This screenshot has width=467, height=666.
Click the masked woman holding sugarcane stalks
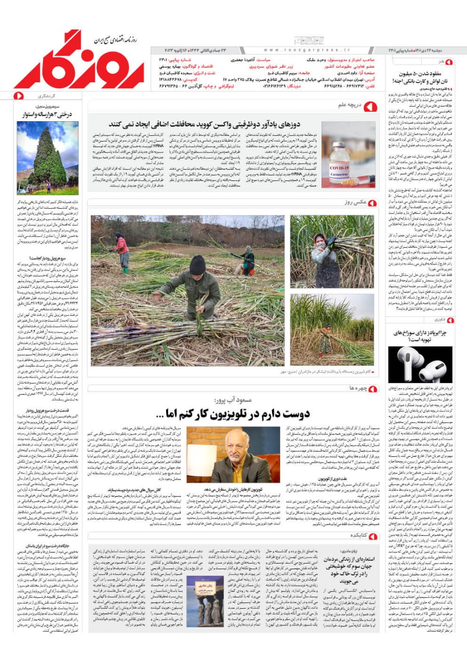[x=323, y=256]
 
